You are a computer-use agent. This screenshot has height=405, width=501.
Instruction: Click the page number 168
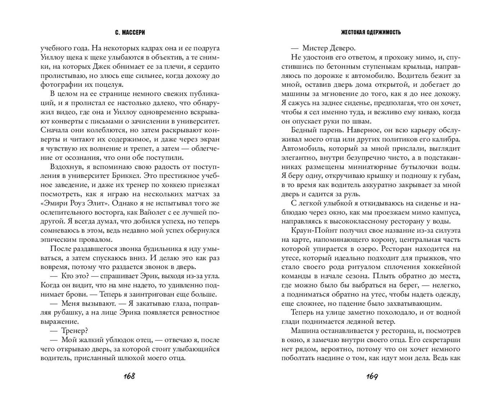(129, 377)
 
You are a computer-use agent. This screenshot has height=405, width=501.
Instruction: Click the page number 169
(372, 377)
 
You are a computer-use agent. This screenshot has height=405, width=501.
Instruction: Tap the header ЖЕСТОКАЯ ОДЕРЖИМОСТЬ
(371, 32)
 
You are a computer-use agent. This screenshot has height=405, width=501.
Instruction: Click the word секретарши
(440, 340)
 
